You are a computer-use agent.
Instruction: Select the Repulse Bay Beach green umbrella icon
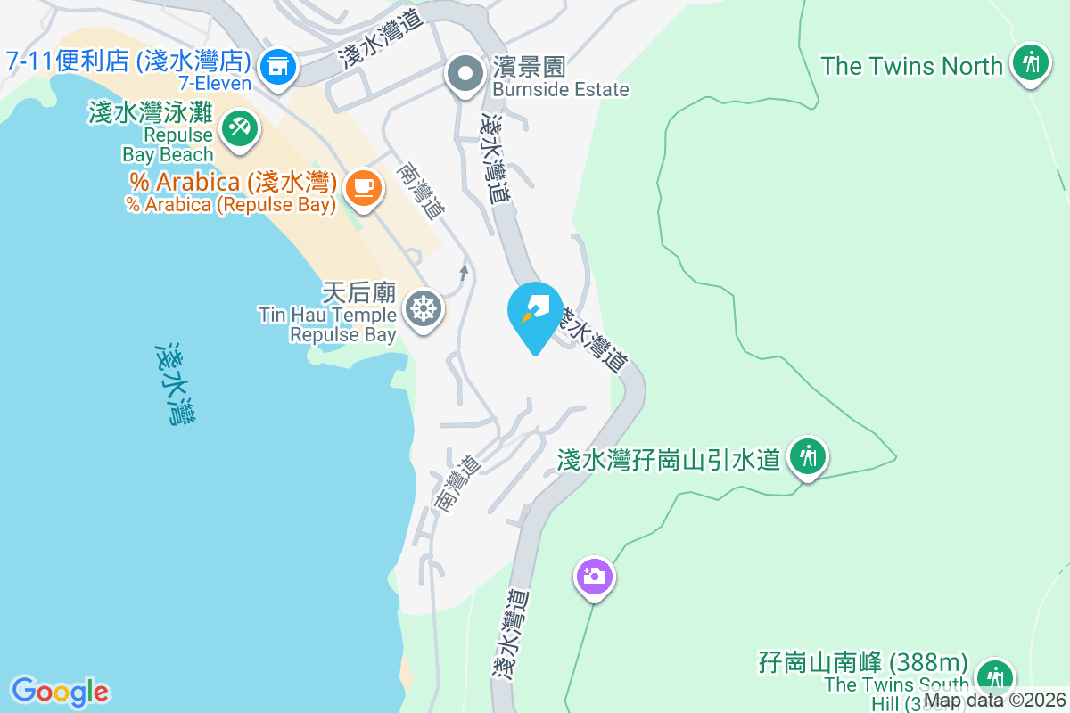(x=238, y=127)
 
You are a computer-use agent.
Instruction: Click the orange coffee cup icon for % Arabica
(x=363, y=187)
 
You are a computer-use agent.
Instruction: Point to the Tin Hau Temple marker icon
(x=423, y=309)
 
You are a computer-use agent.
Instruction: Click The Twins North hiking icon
(x=1031, y=62)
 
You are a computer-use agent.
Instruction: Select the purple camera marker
(x=594, y=576)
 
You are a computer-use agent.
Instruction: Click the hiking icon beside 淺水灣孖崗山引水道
(x=809, y=457)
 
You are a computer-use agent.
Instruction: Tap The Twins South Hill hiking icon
(x=993, y=677)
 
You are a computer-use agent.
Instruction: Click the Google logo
(x=60, y=692)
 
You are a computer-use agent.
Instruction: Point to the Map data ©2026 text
(x=994, y=701)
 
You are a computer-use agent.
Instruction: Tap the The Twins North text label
(x=911, y=66)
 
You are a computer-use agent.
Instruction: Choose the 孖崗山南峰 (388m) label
(x=862, y=663)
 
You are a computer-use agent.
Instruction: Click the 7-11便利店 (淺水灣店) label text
(x=126, y=61)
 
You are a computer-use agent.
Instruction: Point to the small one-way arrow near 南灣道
(x=463, y=271)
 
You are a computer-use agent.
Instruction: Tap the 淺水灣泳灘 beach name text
(x=151, y=113)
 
